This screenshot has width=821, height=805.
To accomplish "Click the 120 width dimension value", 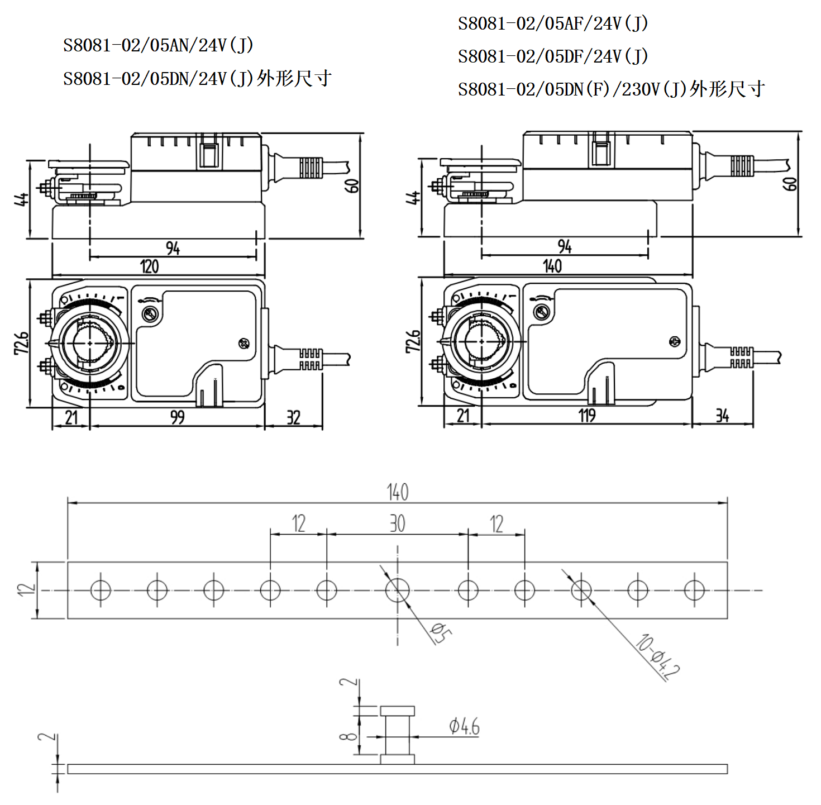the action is (149, 267).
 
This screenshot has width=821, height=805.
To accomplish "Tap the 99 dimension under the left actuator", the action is (177, 417).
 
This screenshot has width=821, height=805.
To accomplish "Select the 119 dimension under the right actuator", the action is (586, 416).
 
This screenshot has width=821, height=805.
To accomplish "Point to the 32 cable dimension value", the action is (293, 418).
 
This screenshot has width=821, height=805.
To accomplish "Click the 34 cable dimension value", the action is (722, 416).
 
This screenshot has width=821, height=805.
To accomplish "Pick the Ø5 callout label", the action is (441, 633).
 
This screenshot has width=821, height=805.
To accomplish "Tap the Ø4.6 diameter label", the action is (464, 727).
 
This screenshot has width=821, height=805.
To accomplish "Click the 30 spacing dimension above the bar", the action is (398, 524).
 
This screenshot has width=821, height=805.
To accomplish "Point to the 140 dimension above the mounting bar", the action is (398, 492).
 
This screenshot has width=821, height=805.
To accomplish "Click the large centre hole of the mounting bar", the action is (398, 590).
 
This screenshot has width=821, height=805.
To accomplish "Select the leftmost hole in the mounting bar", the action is (101, 590).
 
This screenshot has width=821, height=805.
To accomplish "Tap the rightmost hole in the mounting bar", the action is (694, 590).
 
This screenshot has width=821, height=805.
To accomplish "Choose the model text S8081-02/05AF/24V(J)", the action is (553, 23).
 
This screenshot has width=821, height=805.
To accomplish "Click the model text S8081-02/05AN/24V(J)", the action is (159, 45).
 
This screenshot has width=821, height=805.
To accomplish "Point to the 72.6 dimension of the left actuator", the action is (21, 342).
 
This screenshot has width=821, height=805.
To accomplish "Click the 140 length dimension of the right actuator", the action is (552, 266).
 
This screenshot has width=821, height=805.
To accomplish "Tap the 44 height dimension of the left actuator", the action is (21, 199).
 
